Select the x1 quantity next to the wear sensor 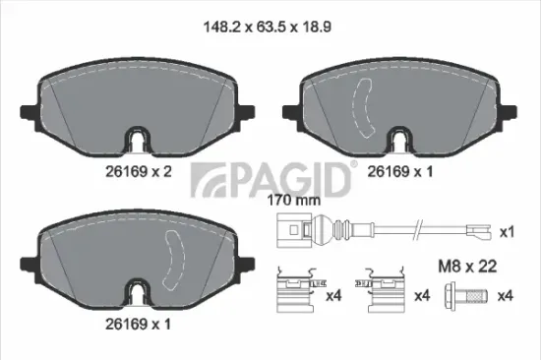(x=508, y=233)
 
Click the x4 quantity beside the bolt (x=508, y=295)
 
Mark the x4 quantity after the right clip (x=422, y=294)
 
